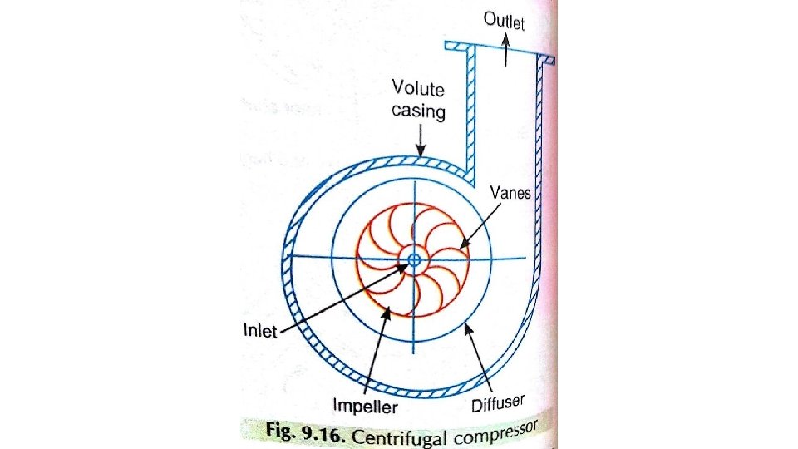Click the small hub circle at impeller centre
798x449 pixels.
coord(414,260)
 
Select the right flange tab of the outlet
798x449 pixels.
coord(546,60)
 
